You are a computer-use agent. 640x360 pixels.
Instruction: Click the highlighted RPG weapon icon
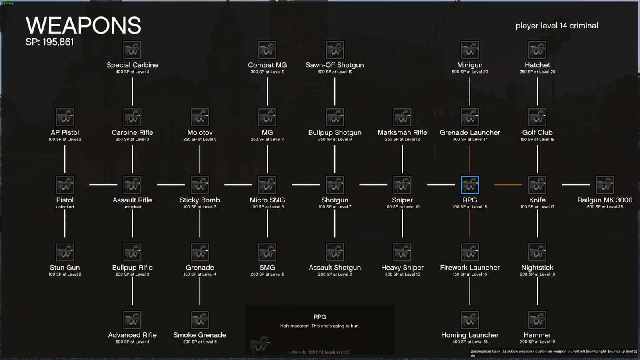point(470,185)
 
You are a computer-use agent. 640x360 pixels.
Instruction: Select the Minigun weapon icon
point(470,50)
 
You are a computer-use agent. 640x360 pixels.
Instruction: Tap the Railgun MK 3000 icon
point(605,185)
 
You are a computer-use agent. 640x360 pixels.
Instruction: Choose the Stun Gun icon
point(65,252)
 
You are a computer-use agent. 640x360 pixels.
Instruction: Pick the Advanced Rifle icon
point(132,320)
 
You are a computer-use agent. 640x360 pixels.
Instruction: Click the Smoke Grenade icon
point(200,320)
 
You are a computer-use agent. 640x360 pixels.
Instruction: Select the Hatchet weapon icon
point(537,50)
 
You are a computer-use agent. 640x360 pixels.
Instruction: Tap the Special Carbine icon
point(132,50)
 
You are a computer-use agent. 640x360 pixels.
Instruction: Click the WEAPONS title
point(83,26)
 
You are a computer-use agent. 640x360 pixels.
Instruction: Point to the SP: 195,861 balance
point(50,42)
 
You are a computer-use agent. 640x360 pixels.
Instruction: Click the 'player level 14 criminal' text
point(556,26)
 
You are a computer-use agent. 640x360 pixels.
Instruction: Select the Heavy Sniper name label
point(402,267)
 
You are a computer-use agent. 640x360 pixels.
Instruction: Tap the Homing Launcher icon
point(470,320)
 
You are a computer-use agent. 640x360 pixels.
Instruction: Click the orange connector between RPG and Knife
point(508,185)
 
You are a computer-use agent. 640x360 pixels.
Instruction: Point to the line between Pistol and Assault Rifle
point(103,185)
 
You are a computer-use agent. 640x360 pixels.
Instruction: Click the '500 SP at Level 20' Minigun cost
point(470,72)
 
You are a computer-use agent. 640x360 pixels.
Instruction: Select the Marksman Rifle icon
point(402,118)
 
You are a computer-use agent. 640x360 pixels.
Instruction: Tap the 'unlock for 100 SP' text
point(320,352)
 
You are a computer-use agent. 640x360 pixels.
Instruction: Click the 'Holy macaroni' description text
point(320,326)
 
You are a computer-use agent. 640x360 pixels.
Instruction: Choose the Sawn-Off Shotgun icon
point(335,50)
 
